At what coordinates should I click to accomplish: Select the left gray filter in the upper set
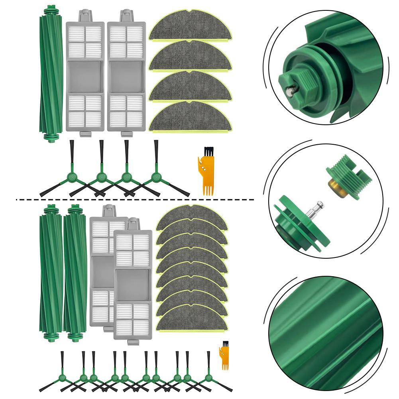pos(85,76)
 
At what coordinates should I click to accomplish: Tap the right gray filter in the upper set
pos(126,76)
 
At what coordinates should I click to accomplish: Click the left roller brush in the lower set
pos(51,273)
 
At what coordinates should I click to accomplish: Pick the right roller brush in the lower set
pos(75,273)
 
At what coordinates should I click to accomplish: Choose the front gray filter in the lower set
pos(133,285)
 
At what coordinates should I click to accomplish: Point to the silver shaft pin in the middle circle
pos(317,207)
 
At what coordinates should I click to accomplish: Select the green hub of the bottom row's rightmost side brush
pos(208,376)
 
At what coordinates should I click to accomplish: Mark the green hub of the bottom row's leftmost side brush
pos(62,376)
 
